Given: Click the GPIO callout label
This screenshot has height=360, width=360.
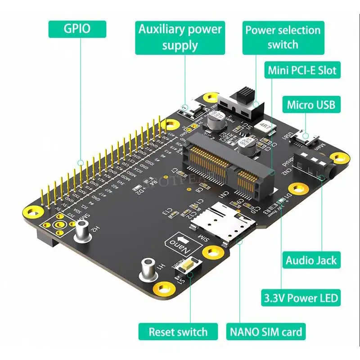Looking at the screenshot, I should pyautogui.click(x=77, y=29).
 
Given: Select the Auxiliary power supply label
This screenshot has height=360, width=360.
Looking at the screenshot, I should pyautogui.click(x=180, y=37).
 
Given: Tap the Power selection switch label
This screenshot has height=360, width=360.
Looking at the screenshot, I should pyautogui.click(x=283, y=37).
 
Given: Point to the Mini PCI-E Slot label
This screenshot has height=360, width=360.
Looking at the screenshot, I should pyautogui.click(x=301, y=70).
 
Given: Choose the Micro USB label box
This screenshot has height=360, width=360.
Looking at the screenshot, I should pyautogui.click(x=311, y=105).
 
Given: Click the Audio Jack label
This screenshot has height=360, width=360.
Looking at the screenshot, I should pyautogui.click(x=311, y=260).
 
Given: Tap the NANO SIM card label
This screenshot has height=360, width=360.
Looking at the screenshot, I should pyautogui.click(x=266, y=333).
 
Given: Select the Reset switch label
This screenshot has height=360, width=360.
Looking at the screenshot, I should pyautogui.click(x=178, y=333).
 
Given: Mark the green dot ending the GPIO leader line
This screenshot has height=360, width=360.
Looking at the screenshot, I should pyautogui.click(x=81, y=162).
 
